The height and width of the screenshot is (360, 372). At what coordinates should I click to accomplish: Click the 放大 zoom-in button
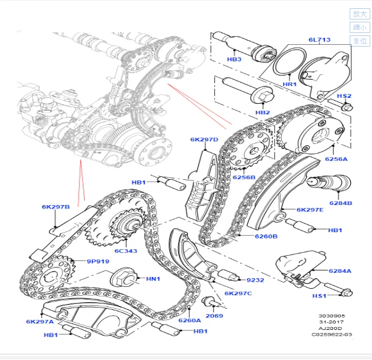pos(359,14)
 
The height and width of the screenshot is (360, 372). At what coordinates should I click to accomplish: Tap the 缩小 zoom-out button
pos(359,27)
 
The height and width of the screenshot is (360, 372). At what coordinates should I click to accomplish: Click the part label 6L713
pos(319,40)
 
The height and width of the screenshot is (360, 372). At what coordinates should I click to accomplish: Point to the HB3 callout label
pos(234,60)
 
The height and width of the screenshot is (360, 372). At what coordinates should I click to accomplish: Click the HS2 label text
pos(344,96)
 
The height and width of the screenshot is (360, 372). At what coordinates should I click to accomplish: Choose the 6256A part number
pos(337,158)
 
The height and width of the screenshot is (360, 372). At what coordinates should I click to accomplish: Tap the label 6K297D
pos(204,140)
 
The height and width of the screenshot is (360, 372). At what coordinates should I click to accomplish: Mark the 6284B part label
pos(340,203)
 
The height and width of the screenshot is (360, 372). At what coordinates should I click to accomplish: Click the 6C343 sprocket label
pos(125,251)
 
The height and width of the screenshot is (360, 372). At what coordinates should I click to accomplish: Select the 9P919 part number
pos(98,261)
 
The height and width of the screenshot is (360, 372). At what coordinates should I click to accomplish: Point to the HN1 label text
pos(153,278)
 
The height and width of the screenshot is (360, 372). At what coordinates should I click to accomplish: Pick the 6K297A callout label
pos(39,322)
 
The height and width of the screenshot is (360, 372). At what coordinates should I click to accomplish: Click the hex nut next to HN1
pos(121,275)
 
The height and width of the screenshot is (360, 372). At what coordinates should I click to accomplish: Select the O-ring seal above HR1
pos(290,62)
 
